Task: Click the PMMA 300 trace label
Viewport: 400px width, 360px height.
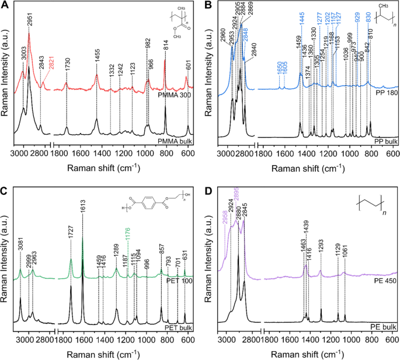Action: point(175,95)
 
